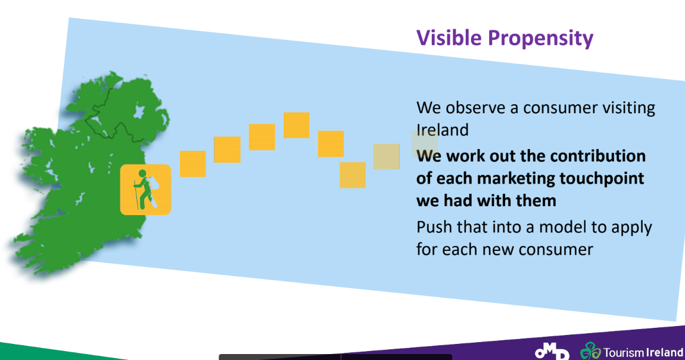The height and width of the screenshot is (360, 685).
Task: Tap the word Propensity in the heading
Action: [541, 39]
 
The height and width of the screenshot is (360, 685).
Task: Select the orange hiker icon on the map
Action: [145, 190]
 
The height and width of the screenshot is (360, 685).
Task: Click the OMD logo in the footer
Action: [552, 351]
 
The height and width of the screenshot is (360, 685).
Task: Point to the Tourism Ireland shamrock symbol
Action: [590, 351]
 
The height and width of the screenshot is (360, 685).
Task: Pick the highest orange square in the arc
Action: [296, 125]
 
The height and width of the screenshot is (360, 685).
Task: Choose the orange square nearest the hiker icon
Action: [192, 164]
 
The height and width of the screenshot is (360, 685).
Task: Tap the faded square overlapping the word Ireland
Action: [425, 144]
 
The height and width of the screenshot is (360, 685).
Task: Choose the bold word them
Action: [536, 201]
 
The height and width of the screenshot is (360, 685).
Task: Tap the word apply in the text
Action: [633, 228]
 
